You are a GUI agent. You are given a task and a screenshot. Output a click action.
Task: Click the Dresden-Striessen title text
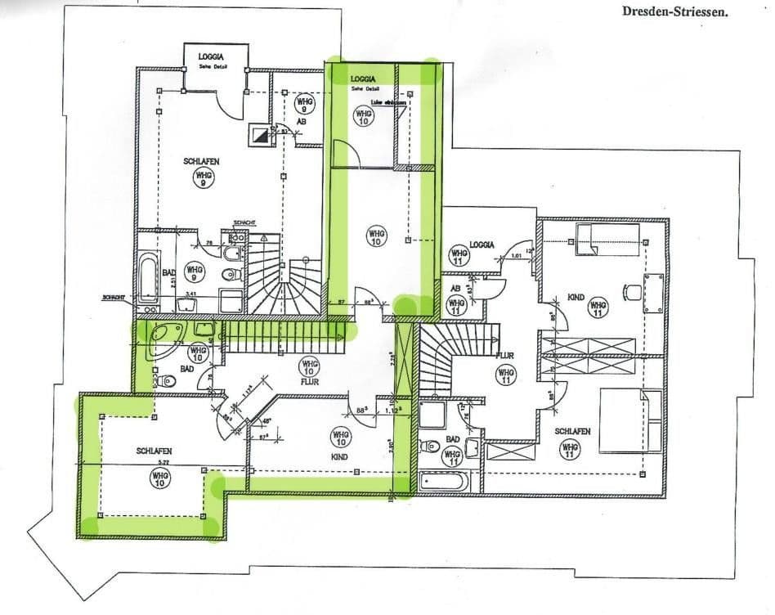click(x=674, y=11)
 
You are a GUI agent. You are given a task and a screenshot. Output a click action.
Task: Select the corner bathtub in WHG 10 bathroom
click(x=163, y=336)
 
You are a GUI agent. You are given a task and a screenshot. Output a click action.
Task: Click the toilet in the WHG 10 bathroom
click(x=165, y=380)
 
